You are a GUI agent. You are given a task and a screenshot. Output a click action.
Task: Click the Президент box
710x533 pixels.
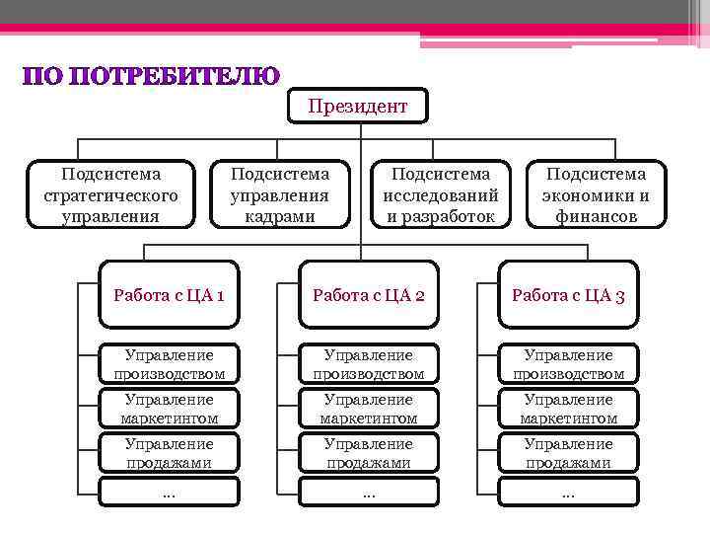[357, 106]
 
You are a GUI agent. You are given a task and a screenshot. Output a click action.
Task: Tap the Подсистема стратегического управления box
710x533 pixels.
[110, 194]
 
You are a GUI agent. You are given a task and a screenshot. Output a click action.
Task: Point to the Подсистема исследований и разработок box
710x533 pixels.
[441, 194]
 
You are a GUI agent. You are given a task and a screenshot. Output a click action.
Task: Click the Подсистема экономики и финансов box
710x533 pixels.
[596, 194]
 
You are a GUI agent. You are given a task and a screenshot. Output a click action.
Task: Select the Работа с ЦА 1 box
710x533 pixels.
[169, 294]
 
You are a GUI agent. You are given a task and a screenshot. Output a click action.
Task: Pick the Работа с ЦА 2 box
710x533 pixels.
[369, 294]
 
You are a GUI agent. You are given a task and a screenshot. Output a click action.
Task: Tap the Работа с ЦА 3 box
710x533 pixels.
[568, 294]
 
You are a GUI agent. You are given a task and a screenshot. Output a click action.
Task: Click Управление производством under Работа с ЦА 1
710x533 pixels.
[169, 364]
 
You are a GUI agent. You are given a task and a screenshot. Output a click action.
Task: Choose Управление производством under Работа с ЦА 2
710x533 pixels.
[369, 364]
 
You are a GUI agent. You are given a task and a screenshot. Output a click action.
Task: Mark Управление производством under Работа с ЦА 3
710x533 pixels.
[568, 364]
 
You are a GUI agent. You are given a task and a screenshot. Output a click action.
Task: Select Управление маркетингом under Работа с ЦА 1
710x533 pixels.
[169, 409]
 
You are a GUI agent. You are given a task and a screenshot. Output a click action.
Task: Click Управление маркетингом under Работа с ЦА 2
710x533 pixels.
[369, 409]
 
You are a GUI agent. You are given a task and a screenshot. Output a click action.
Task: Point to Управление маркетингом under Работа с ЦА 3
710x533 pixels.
[568, 409]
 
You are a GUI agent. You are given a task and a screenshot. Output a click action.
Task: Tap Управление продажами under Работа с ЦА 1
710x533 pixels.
[169, 453]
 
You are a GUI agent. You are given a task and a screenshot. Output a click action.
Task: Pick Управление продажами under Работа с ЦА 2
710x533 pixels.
[369, 453]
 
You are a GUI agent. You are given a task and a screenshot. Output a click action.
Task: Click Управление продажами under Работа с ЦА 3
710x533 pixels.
[568, 453]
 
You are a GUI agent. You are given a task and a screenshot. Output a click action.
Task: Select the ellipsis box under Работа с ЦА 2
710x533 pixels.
[369, 492]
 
